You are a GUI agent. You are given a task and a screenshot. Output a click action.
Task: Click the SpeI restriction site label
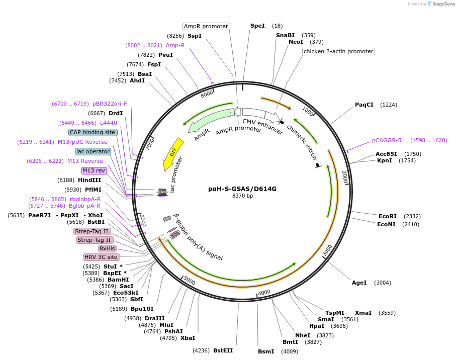(x=257, y=26)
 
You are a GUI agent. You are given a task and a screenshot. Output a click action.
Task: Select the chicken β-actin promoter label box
(x=338, y=51)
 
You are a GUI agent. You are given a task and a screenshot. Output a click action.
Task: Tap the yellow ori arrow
(x=173, y=154)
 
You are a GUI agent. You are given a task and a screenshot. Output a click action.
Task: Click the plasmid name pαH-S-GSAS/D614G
(x=242, y=189)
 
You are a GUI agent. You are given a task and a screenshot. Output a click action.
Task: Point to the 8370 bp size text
(x=242, y=196)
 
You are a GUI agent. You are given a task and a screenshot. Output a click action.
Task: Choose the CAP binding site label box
(x=93, y=132)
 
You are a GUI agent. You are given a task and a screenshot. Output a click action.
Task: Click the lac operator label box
(x=93, y=151)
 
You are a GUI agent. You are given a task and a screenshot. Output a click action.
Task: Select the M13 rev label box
(x=94, y=170)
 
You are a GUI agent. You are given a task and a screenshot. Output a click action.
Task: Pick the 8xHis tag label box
(x=107, y=248)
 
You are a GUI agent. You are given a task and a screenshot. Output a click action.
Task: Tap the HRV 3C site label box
(x=101, y=257)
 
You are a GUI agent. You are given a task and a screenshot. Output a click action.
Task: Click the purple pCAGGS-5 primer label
(x=387, y=140)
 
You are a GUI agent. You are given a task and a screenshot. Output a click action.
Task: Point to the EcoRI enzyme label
(x=387, y=216)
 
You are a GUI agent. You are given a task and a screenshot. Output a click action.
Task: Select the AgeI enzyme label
(x=359, y=283)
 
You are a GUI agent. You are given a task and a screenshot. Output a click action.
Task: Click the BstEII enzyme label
(x=223, y=350)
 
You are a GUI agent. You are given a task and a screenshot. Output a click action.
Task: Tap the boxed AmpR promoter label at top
(x=206, y=26)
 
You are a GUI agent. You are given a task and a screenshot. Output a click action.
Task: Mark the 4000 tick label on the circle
(x=264, y=292)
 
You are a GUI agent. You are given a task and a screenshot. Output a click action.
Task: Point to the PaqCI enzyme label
(x=364, y=105)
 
